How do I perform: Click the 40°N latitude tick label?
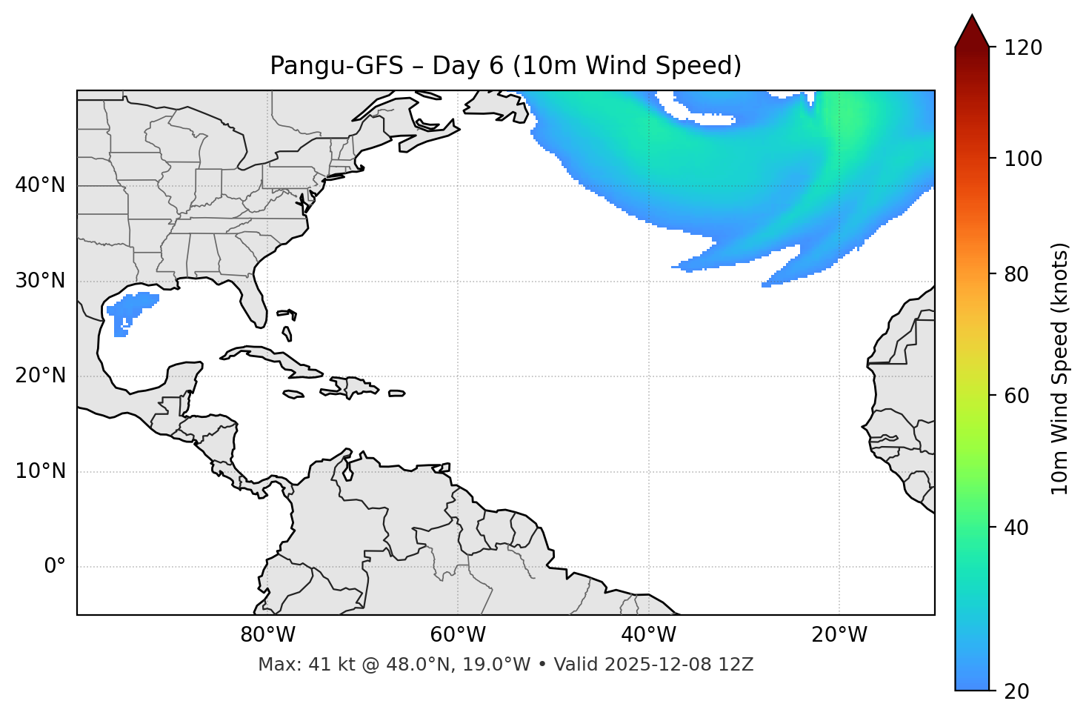tap(40, 185)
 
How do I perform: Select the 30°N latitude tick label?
tap(40, 281)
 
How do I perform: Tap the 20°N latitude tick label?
tap(40, 376)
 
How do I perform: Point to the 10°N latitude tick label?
tap(40, 471)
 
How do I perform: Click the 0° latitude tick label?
tap(55, 567)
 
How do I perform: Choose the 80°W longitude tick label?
tap(267, 635)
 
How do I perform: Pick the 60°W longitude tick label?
tap(458, 635)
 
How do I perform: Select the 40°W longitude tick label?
tap(648, 635)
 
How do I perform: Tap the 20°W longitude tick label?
tap(839, 635)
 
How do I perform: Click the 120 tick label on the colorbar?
tap(1022, 48)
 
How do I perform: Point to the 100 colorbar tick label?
tap(1022, 159)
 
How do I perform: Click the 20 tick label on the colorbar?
tap(1016, 691)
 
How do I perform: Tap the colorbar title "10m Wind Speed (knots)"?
tap(1060, 368)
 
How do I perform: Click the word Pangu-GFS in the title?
tap(336, 66)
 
